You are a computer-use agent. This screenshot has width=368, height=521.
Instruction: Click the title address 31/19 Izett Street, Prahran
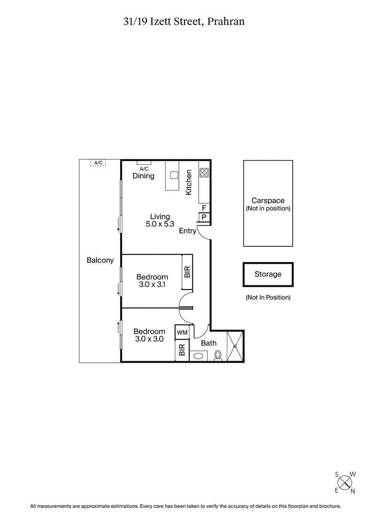pos(184,21)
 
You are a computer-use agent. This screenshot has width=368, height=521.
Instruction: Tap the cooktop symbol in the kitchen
pos(204,173)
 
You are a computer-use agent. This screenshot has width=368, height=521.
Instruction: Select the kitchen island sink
pos(174,175)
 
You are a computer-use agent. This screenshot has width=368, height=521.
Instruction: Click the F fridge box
pos(204,208)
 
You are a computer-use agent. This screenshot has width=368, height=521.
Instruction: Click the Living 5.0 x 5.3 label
pos(160,220)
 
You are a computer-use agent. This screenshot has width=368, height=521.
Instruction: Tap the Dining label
pos(144,176)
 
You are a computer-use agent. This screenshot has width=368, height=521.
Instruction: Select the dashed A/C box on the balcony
pos(98,162)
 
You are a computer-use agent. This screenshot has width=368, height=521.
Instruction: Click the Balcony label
pos(100,260)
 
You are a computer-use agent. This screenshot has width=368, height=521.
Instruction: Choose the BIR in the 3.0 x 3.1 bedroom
pos(187,272)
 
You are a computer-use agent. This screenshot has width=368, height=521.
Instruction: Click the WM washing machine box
pos(182,332)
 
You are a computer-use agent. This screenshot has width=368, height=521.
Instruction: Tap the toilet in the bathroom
pos(218,355)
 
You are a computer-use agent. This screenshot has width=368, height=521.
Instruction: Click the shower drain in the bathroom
pos(236,346)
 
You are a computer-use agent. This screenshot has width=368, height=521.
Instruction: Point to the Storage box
pos(268,274)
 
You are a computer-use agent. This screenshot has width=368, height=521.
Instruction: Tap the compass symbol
pos(345,482)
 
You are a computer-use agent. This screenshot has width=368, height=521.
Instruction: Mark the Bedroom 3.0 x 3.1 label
pos(152,281)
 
